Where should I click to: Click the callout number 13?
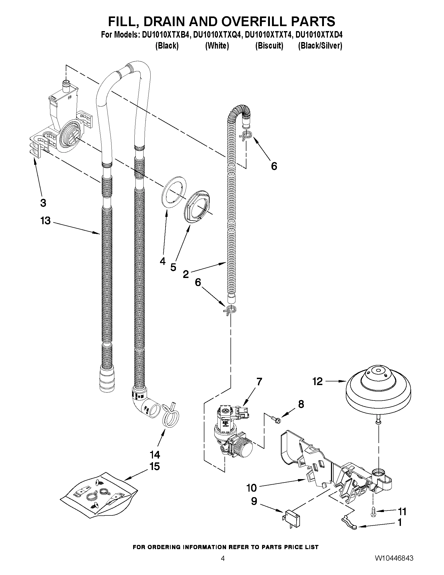[45, 221]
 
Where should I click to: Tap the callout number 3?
[43, 203]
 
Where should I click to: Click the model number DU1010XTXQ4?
[217, 35]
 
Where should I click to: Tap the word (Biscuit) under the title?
[269, 46]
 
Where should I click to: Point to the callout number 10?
[251, 488]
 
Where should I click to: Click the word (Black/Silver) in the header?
[320, 46]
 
